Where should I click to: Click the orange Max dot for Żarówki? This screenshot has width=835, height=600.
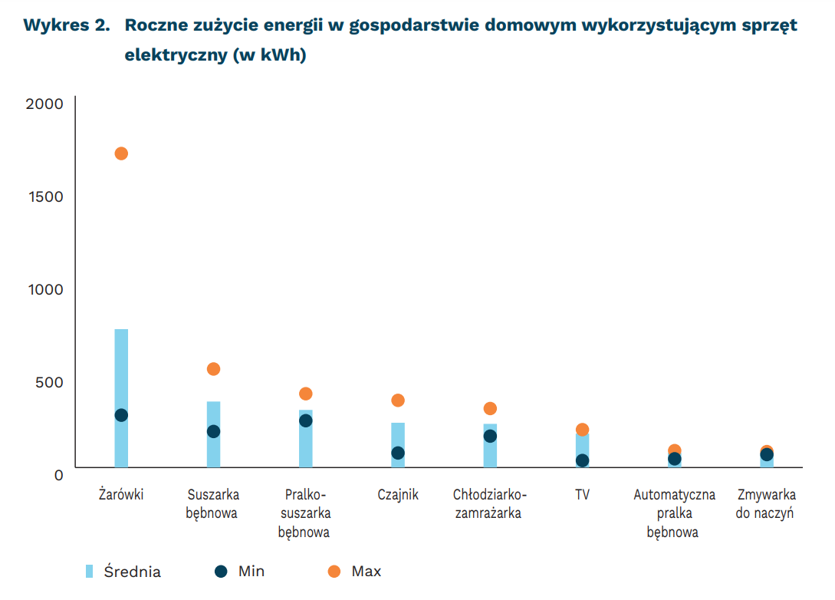click(x=121, y=153)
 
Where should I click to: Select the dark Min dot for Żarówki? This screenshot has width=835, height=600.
click(x=121, y=415)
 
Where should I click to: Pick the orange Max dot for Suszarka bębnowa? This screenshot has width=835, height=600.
click(x=213, y=369)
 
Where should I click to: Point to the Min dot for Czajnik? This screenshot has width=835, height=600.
click(x=398, y=453)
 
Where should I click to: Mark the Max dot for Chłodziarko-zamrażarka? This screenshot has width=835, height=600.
click(x=490, y=409)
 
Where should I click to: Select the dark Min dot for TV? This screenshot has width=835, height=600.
click(x=582, y=460)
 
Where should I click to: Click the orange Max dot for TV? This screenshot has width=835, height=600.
click(x=582, y=430)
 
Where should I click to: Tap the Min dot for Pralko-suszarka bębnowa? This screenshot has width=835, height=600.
click(x=306, y=420)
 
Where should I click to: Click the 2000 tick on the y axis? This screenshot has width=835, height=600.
click(x=44, y=104)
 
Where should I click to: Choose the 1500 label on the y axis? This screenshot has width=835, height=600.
click(x=44, y=196)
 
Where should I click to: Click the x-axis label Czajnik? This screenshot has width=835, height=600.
click(x=398, y=495)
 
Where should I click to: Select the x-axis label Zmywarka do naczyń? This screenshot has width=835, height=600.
click(x=765, y=504)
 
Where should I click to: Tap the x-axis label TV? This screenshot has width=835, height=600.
click(x=582, y=495)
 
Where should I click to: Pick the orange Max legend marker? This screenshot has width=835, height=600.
click(x=333, y=571)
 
